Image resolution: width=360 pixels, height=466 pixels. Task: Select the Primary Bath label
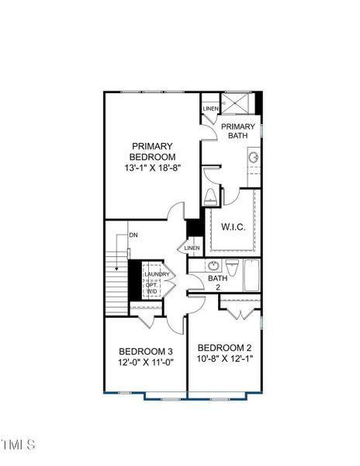click(237, 131)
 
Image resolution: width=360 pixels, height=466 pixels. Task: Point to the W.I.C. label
click(234, 228)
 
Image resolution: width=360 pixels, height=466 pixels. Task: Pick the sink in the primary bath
click(254, 157)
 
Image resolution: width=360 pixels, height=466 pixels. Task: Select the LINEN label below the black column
click(192, 248)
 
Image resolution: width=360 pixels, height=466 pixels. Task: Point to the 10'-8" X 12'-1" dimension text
click(224, 359)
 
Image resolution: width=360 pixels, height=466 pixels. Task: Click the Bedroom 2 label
click(224, 347)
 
